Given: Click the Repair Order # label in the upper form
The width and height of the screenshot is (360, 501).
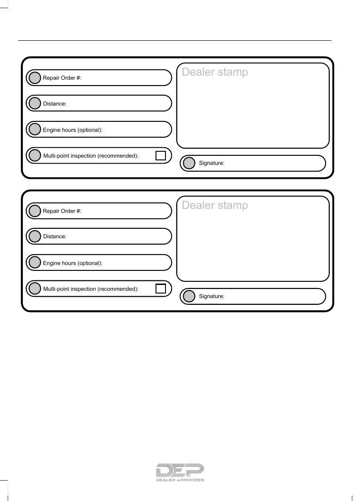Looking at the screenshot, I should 62,78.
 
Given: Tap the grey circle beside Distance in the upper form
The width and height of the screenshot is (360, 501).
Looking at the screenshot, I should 34,104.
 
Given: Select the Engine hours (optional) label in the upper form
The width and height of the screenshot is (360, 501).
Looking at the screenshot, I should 73,130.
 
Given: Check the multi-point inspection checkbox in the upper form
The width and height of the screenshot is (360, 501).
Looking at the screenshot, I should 161,156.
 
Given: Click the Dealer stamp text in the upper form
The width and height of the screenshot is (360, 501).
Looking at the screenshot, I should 215,72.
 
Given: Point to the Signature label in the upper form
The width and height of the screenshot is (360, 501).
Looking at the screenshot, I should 212,163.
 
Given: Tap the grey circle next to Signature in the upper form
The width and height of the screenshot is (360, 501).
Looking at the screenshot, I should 189,163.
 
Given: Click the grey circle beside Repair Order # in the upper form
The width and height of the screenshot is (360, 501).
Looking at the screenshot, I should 34,78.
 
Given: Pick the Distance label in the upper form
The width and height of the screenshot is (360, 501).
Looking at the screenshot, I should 55,104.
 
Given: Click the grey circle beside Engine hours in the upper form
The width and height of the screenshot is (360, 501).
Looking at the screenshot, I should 34,130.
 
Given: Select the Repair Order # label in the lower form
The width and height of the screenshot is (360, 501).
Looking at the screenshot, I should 62,211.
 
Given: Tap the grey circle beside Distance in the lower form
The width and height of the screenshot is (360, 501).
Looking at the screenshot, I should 34,236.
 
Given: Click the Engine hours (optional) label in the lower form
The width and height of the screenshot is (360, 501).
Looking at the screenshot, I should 73,263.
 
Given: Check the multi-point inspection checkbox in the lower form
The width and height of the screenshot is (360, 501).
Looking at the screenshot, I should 161,289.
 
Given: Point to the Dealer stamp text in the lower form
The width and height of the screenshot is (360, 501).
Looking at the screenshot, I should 215,205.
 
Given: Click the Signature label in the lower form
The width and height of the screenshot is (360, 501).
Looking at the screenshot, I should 212,296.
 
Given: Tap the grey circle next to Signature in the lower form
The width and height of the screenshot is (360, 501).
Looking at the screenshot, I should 189,296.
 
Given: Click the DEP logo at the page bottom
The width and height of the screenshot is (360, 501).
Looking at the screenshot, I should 180,472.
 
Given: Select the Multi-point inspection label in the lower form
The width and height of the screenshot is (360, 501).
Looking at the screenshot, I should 91,289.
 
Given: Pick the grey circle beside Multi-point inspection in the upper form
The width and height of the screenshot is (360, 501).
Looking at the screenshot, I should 34,156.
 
